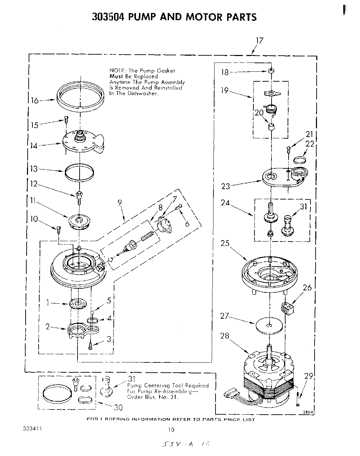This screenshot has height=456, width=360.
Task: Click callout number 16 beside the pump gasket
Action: [35, 101]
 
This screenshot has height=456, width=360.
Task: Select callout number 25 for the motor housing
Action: [225, 243]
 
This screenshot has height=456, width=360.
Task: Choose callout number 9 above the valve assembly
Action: [120, 203]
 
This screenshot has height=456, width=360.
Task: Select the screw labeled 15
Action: [66, 119]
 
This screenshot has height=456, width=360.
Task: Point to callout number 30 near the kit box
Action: [117, 407]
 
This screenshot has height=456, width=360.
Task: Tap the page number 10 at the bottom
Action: [171, 430]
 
